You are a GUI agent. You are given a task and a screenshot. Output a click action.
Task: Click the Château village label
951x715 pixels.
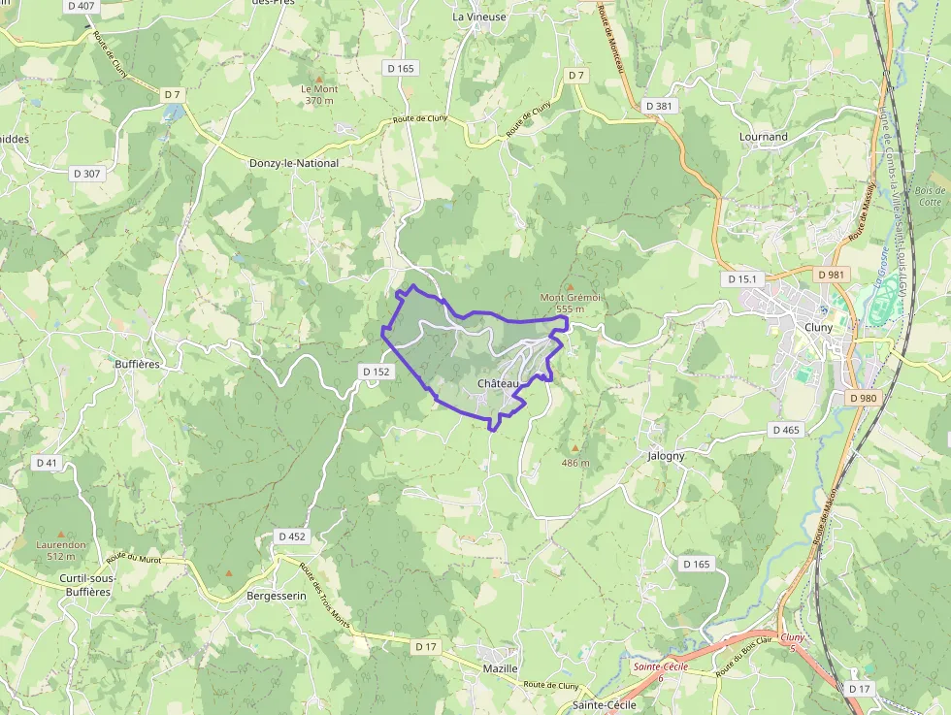pyautogui.click(x=499, y=384)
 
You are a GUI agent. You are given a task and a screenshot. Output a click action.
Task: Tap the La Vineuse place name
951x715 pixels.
pyautogui.click(x=479, y=16)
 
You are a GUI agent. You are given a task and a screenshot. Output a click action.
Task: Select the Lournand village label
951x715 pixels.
pyautogui.click(x=764, y=137)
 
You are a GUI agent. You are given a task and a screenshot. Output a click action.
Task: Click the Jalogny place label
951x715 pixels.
pyautogui.click(x=666, y=455)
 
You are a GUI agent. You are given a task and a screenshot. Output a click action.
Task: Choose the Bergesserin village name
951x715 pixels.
pyautogui.click(x=277, y=595)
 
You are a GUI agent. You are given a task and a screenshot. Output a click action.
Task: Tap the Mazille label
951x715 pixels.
pyautogui.click(x=501, y=669)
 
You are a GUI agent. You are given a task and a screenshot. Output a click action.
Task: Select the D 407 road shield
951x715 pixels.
pyautogui.click(x=82, y=6)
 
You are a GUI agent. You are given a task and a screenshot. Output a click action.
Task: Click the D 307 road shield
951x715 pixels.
pyautogui.click(x=86, y=174)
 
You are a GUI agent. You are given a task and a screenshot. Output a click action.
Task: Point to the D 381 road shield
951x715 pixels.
pyautogui.click(x=658, y=106)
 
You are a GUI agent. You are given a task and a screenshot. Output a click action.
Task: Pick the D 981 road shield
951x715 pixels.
pyautogui.click(x=832, y=275)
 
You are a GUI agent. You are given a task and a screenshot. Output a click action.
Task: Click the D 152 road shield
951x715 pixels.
pyautogui.click(x=376, y=371)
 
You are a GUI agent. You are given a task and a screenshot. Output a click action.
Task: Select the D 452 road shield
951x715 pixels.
pyautogui.click(x=291, y=536)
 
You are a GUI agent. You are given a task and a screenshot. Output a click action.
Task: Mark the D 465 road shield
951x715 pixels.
pyautogui.click(x=786, y=429)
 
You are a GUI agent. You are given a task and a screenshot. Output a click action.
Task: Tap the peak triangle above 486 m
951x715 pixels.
pyautogui.click(x=574, y=448)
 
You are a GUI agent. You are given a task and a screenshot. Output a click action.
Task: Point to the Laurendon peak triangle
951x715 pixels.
pyautogui.click(x=61, y=534)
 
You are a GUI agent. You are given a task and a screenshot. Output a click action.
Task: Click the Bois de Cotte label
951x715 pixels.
pyautogui.click(x=929, y=196)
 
